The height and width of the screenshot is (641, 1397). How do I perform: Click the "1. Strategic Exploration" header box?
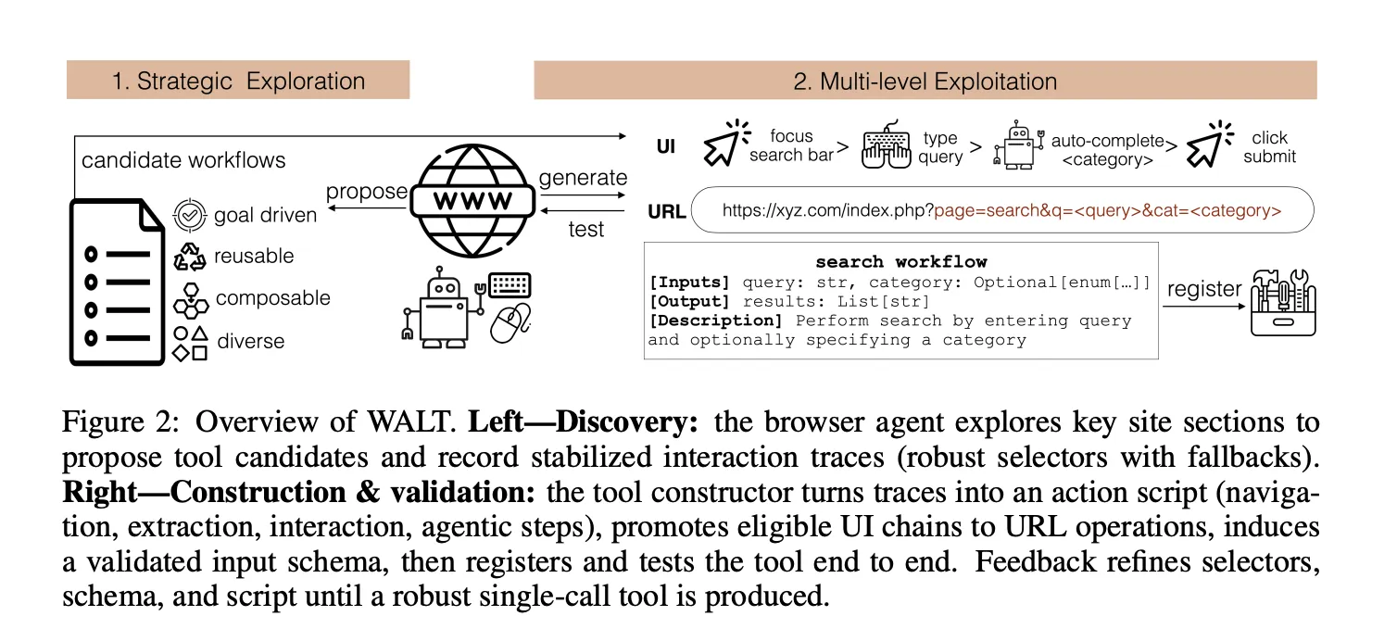(x=238, y=81)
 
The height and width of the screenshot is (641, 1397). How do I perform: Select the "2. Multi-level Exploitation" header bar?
(x=925, y=81)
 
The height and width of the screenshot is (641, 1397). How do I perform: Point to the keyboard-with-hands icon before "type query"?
(x=887, y=146)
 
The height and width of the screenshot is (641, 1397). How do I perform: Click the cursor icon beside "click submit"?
(x=1208, y=146)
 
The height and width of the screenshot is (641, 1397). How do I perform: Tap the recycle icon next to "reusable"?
(x=190, y=257)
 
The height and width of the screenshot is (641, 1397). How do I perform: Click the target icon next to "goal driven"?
(x=190, y=215)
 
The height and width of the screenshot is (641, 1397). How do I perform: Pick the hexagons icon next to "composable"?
(x=190, y=299)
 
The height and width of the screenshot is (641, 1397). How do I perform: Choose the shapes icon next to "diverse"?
(x=190, y=342)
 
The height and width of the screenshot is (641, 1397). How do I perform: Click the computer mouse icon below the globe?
(x=509, y=323)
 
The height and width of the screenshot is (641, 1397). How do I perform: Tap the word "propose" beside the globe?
(x=367, y=192)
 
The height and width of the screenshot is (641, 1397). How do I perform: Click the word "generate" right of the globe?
(x=583, y=178)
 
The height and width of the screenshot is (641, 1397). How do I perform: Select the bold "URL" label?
(x=667, y=211)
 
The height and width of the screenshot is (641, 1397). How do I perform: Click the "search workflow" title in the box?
(x=900, y=262)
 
